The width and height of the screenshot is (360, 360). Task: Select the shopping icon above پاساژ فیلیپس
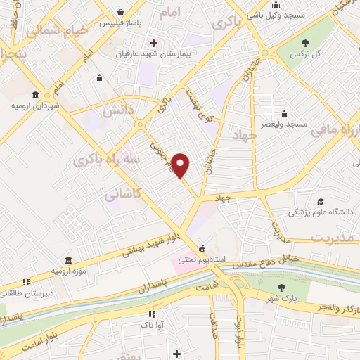point(122,12)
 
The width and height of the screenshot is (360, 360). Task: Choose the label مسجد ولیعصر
point(281,124)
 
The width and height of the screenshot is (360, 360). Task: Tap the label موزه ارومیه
point(68,270)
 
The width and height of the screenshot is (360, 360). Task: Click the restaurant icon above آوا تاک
point(150,314)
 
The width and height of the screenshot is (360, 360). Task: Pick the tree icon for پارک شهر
point(282,287)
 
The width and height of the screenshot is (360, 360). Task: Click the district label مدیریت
point(330,237)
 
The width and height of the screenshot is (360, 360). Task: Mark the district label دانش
point(119,110)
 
